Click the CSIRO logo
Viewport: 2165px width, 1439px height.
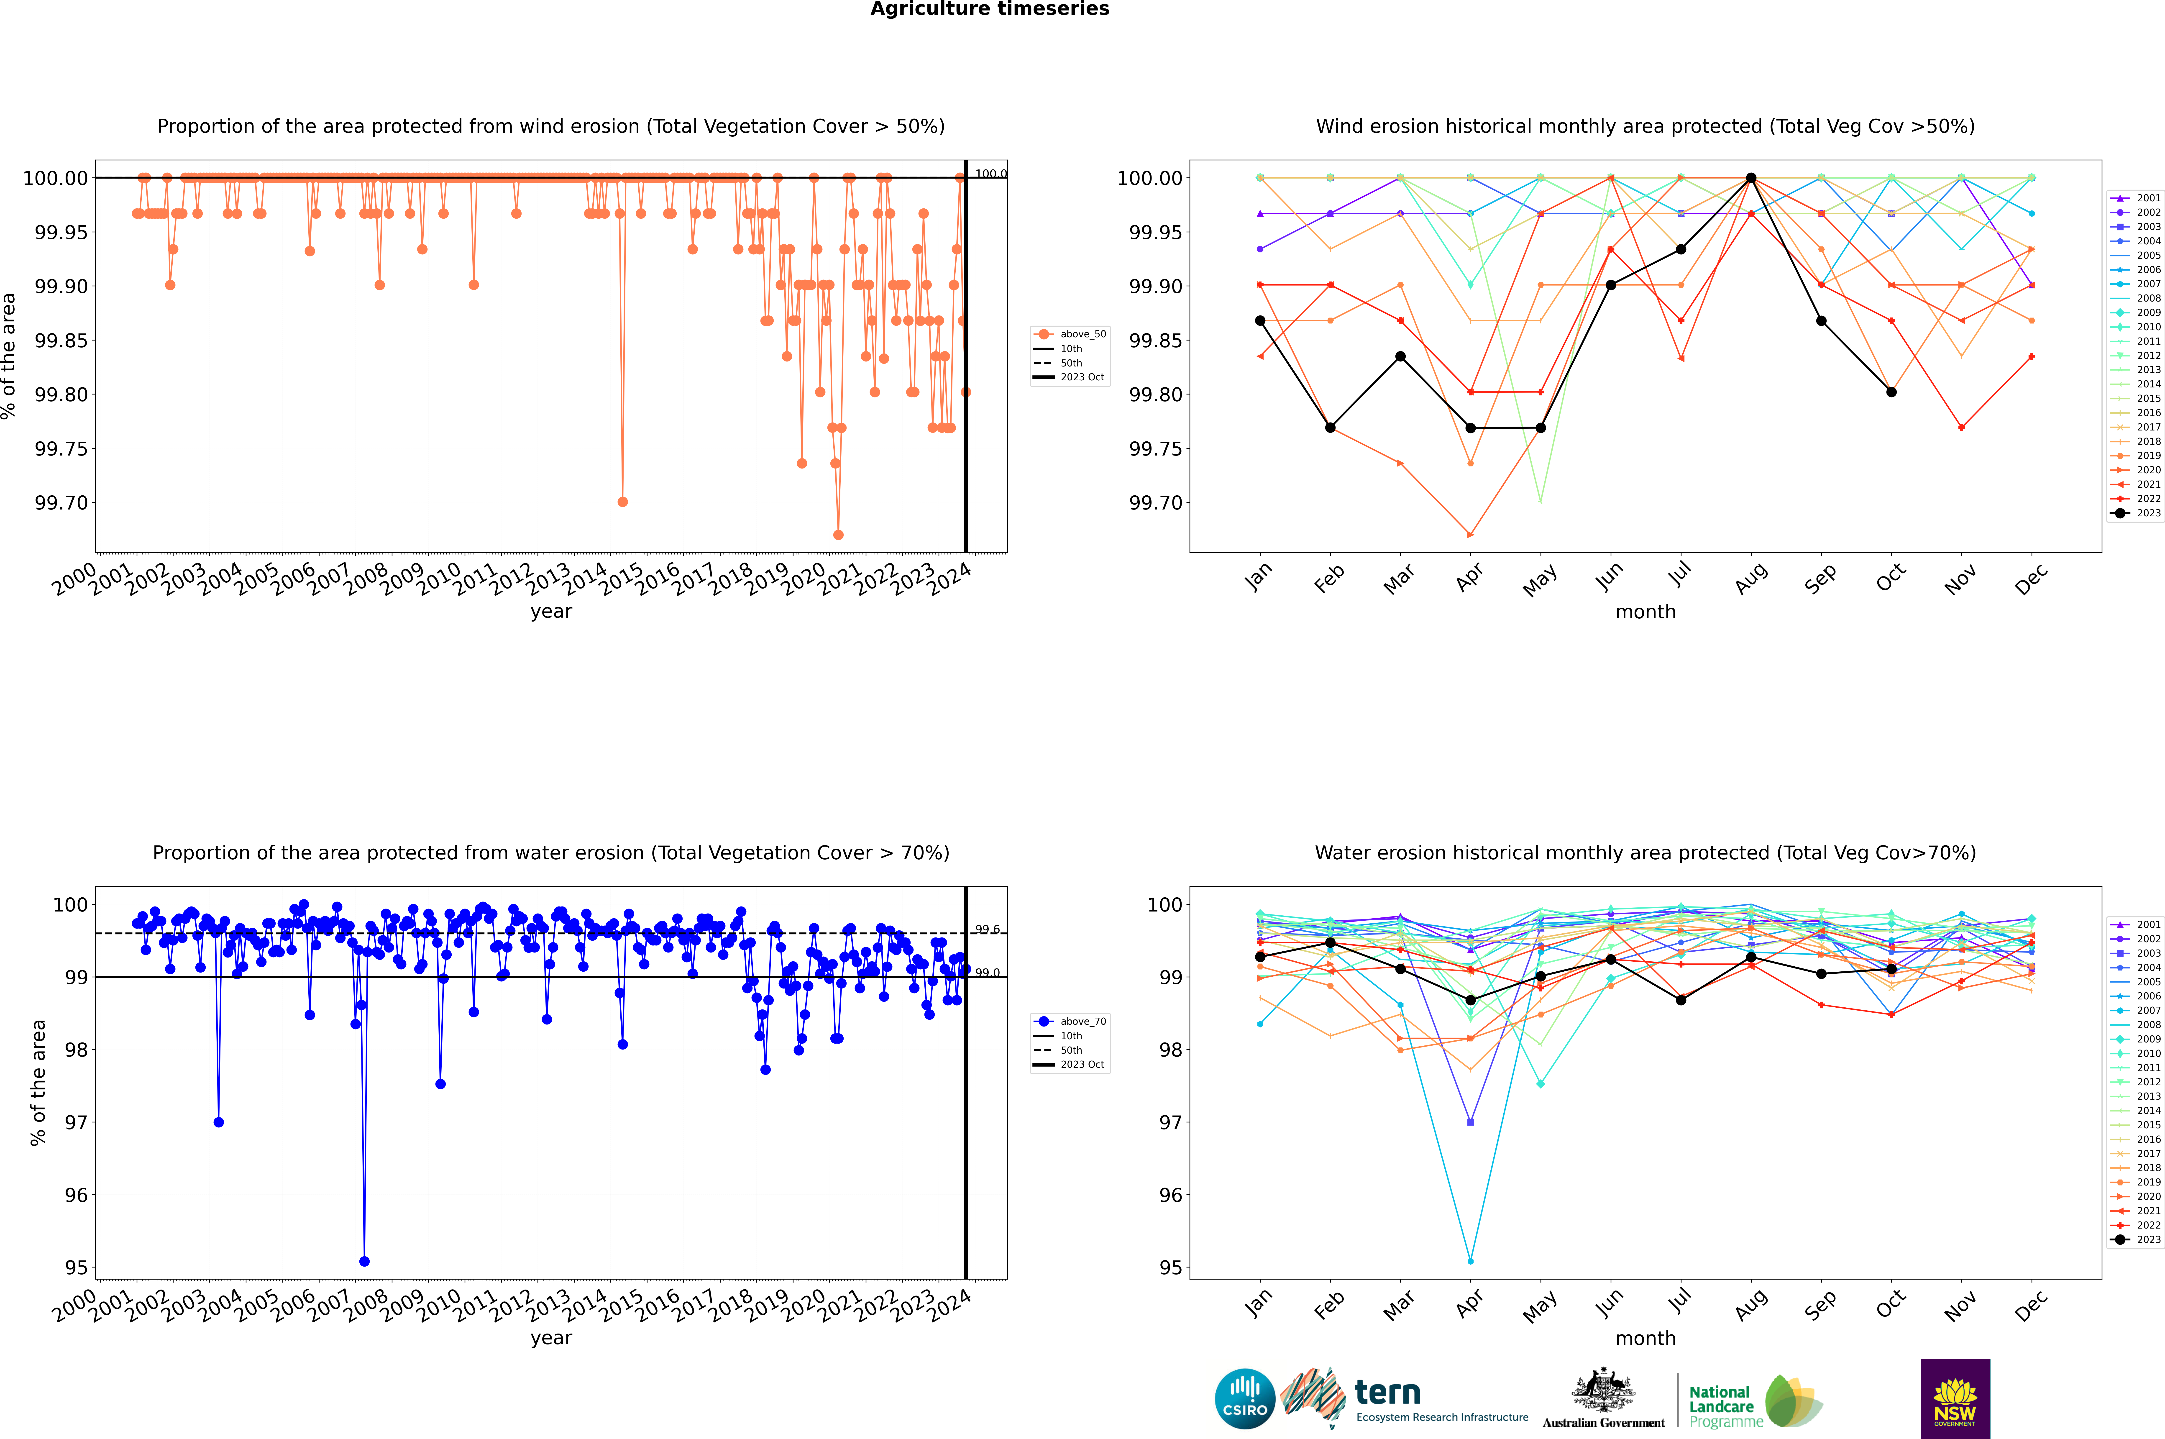(x=1244, y=1399)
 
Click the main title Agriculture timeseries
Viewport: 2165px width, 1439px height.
(x=989, y=9)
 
